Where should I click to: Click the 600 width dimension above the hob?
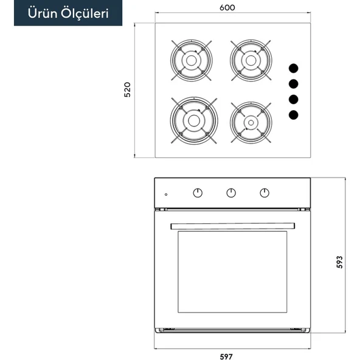[x=227, y=7]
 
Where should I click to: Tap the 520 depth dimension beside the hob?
[x=127, y=89]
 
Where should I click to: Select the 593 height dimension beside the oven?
[x=339, y=262]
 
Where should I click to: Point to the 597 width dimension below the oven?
[x=226, y=356]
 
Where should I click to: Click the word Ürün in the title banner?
[x=43, y=13]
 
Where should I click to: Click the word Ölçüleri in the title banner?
[x=85, y=14]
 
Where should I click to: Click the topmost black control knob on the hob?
[x=294, y=69]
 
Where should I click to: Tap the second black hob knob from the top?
[x=294, y=84]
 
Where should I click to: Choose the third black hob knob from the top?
[x=294, y=99]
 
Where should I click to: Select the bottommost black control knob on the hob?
[x=294, y=115]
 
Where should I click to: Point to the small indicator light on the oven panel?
[x=166, y=195]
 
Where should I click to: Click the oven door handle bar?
[x=232, y=226]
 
